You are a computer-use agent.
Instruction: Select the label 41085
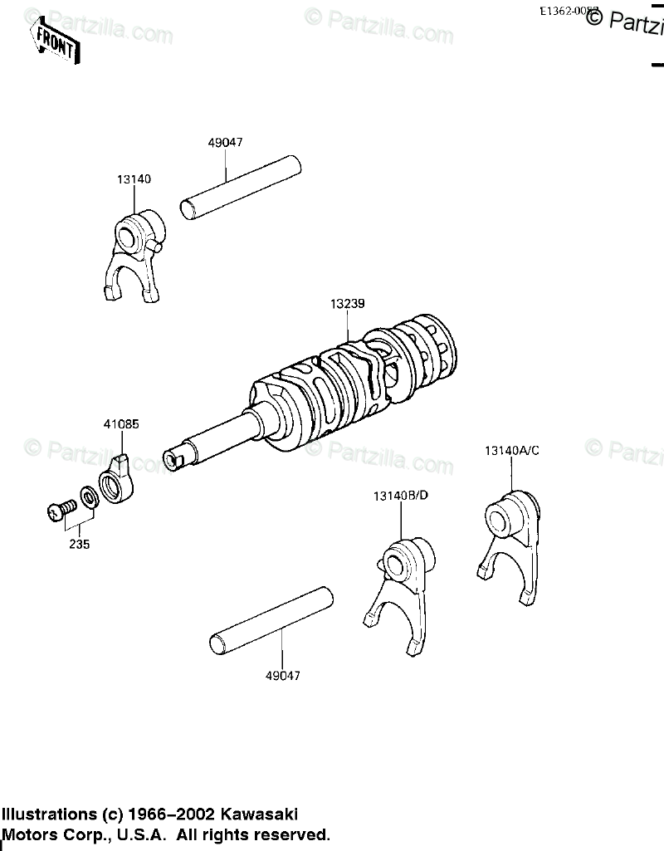tap(121, 423)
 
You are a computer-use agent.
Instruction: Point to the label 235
tap(80, 545)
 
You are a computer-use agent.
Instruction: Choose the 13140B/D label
tap(401, 496)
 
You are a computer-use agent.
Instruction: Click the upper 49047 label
tap(225, 142)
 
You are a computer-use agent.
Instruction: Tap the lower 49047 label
tap(283, 676)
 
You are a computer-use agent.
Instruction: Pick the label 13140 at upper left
tap(134, 179)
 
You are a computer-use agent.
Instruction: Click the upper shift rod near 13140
tap(241, 187)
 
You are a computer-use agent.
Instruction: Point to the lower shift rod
tap(271, 620)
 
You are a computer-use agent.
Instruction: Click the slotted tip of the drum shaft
tap(175, 457)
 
